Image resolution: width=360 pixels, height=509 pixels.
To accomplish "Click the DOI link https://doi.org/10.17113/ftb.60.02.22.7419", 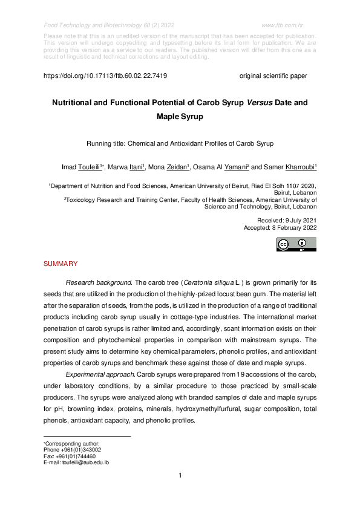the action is tap(105, 77).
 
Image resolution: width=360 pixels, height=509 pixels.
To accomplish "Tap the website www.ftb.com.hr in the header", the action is tap(284, 25).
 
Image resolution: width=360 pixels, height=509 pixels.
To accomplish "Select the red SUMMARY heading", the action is tap(61, 264).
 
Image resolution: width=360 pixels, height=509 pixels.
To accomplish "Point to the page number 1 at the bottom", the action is tap(180, 476).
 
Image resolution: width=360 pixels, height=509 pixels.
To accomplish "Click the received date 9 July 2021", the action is tap(296, 221).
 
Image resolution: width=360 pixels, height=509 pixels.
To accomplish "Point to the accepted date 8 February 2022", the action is tap(292, 228).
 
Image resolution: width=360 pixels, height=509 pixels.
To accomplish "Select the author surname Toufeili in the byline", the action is tap(90, 167).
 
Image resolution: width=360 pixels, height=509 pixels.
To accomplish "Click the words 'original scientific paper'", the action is tap(273, 77).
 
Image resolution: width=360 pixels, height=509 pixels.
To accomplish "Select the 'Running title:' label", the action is tap(108, 144).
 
